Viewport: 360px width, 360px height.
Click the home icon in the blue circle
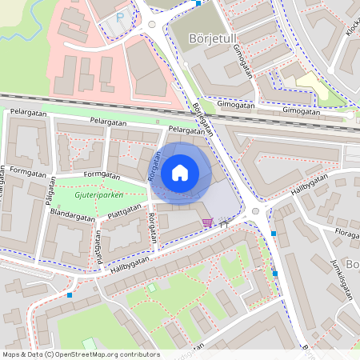(180, 172)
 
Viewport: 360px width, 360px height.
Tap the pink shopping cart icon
(208, 222)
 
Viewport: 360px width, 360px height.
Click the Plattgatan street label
(124, 214)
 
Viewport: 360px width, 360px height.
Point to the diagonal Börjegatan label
(204, 120)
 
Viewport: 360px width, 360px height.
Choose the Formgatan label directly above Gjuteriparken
(102, 175)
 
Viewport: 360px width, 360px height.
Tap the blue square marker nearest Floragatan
(274, 233)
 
